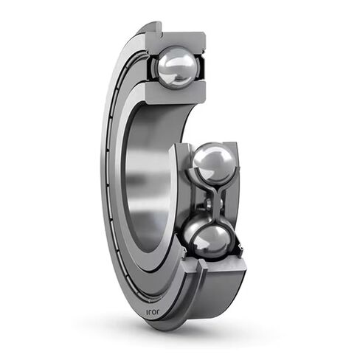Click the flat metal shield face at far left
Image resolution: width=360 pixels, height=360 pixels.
(x=111, y=184)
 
